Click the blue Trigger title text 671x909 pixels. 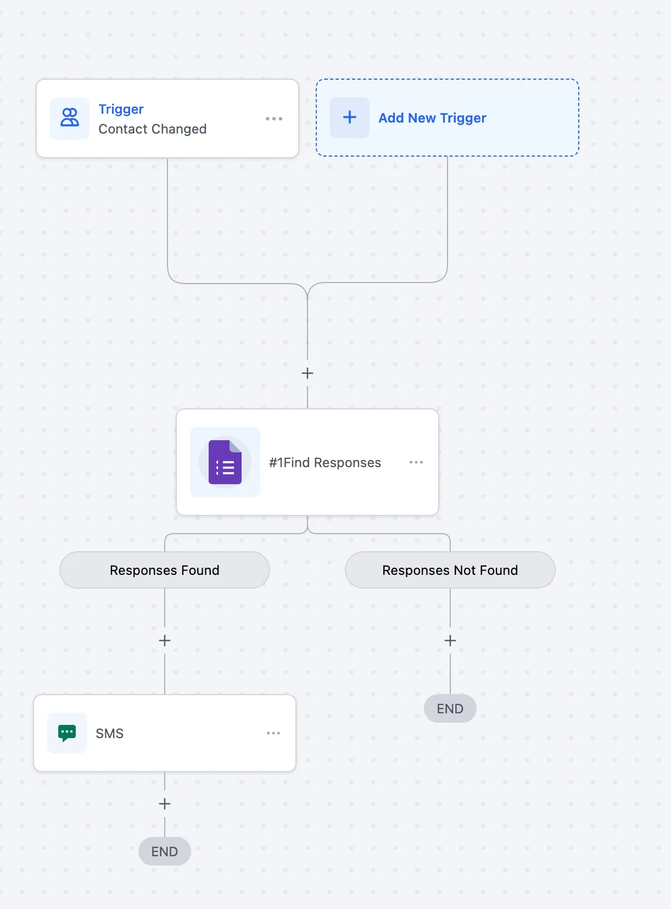pos(121,109)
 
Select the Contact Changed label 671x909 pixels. pos(152,129)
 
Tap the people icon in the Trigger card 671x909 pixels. pos(70,118)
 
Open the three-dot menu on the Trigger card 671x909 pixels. pos(273,119)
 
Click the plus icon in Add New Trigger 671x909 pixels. pos(350,118)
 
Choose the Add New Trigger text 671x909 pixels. pos(432,118)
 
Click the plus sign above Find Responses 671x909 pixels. pos(307,373)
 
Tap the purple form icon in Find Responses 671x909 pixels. pos(225,462)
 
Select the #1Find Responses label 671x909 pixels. pos(325,463)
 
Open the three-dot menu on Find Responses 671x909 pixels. pos(416,462)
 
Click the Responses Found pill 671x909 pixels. pos(165,570)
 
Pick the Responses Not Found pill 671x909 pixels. pos(450,570)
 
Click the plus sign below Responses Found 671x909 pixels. pos(165,641)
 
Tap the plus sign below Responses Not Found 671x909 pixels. pos(450,641)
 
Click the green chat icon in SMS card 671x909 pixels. pos(67,733)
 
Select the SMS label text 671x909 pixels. pos(110,734)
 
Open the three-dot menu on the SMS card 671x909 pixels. pos(273,733)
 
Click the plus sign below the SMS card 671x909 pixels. pos(165,804)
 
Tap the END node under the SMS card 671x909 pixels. pos(165,851)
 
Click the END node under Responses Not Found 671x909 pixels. pos(450,708)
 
